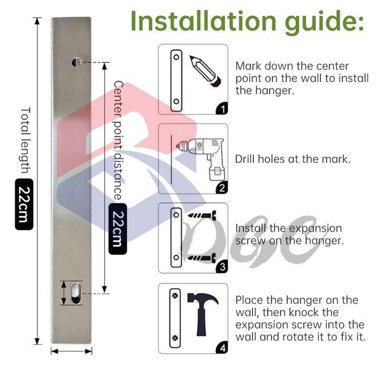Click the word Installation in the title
203,21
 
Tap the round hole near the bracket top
76,62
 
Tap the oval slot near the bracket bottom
76,293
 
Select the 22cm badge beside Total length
24,204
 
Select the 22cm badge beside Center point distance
118,229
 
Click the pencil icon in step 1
205,71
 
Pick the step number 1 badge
222,108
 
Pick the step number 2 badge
222,187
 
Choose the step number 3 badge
222,267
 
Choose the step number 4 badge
222,348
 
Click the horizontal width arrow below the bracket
72,351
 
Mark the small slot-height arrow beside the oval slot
64,293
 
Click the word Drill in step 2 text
245,159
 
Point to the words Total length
26,140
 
